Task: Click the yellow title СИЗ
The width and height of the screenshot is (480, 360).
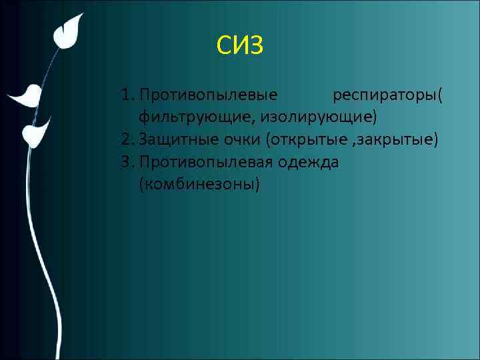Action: [x=240, y=46]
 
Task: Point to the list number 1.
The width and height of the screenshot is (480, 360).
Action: [x=126, y=95]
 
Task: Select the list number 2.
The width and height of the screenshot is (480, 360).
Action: [x=127, y=139]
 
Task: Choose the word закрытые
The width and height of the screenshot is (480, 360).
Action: [x=396, y=140]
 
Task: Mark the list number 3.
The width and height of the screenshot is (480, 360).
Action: [x=127, y=161]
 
